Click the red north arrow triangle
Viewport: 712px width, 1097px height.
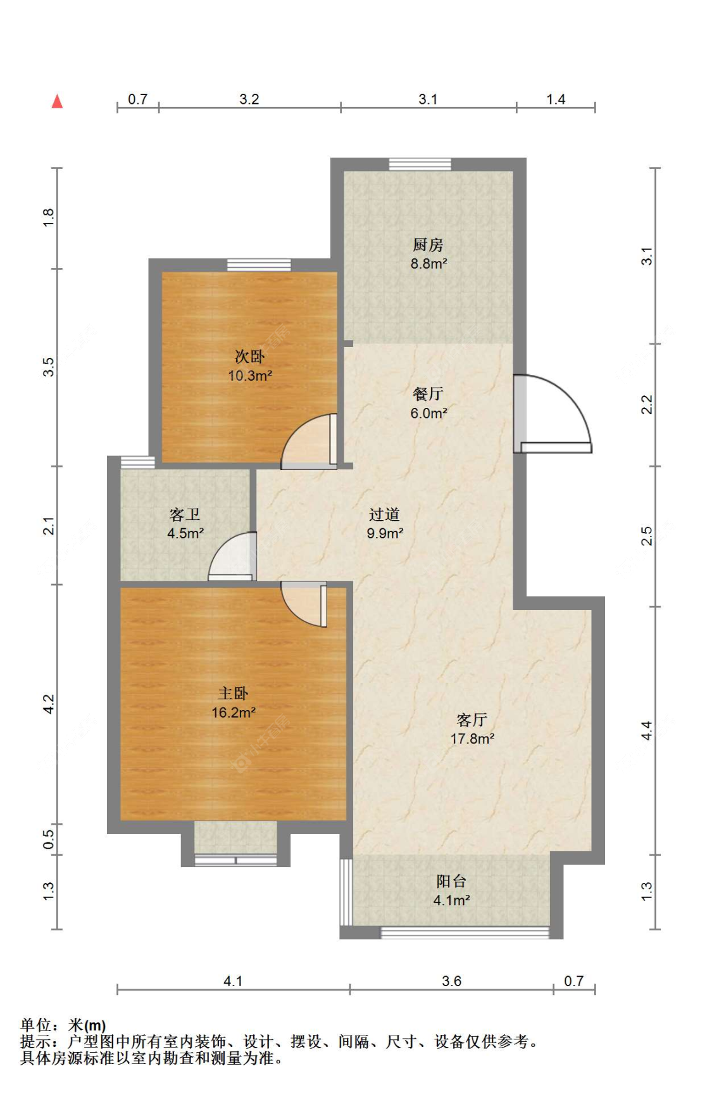(57, 101)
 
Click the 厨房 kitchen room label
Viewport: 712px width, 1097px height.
(428, 244)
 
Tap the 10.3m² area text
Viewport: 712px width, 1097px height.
(250, 376)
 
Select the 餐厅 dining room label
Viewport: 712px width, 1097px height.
(428, 394)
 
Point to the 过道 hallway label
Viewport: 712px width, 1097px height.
(384, 514)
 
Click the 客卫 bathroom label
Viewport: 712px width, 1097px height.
(185, 514)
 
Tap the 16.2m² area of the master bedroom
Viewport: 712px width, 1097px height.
(234, 713)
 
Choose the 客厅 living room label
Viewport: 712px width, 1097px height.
(472, 720)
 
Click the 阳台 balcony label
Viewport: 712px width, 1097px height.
(451, 881)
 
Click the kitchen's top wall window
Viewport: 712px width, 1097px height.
(420, 164)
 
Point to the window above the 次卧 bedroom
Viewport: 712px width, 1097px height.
(259, 265)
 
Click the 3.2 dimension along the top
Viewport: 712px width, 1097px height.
(249, 99)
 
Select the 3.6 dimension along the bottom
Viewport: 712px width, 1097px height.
(451, 981)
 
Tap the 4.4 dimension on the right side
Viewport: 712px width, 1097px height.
(646, 730)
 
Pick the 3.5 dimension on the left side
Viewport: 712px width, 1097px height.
(49, 367)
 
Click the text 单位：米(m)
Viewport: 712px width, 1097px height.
(63, 1025)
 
